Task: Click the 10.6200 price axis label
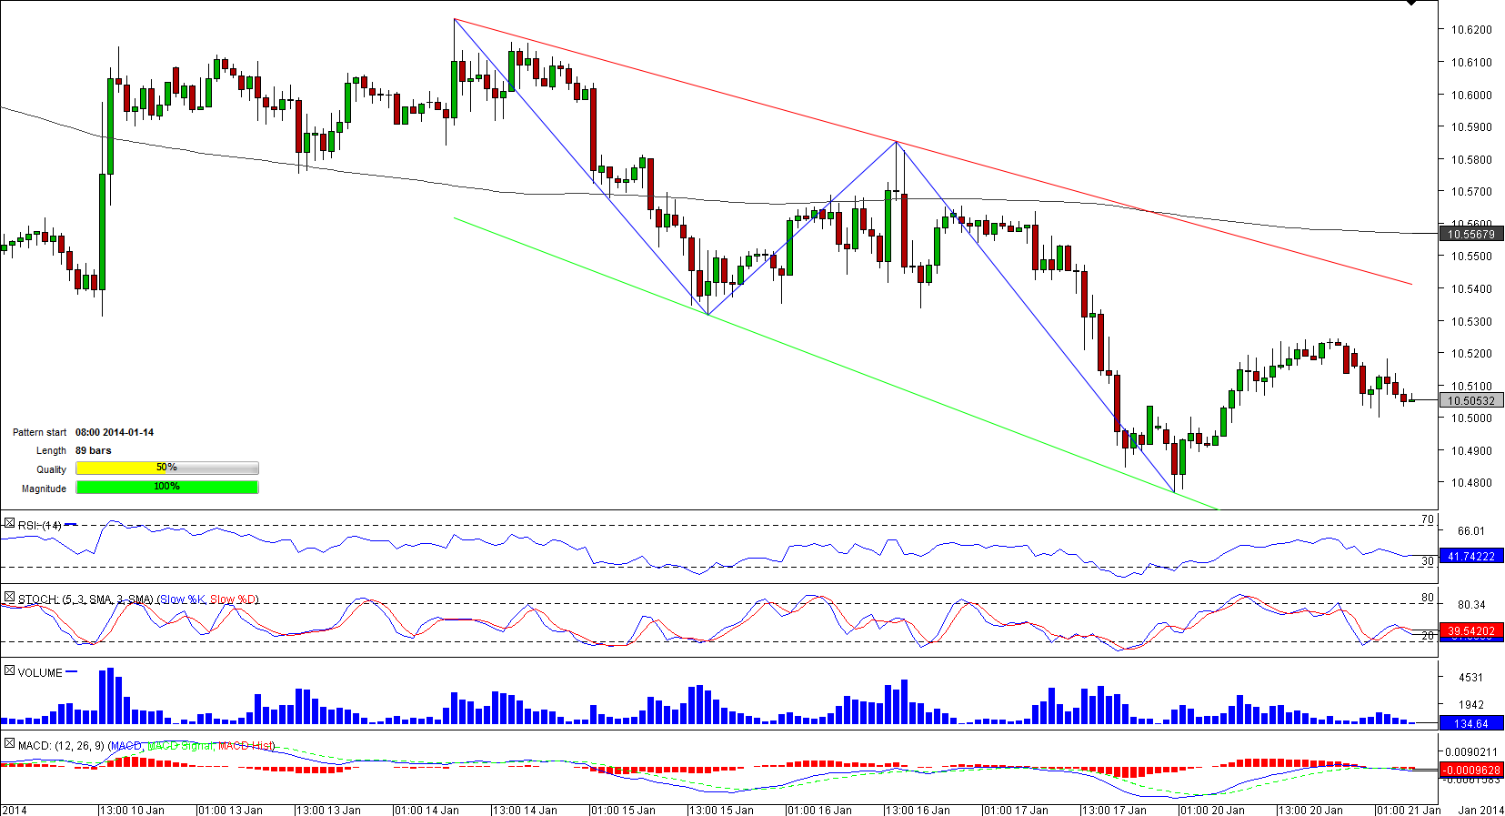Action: (x=1470, y=30)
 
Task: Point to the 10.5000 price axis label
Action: (x=1470, y=418)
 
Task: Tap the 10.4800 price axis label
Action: (x=1470, y=483)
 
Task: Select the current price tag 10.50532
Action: (x=1470, y=401)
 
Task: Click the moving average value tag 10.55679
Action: (x=1470, y=235)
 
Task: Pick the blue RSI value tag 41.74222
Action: (x=1470, y=557)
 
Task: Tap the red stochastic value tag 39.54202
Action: (x=1470, y=631)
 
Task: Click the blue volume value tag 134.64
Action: (x=1470, y=724)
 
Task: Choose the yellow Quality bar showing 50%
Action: (x=167, y=468)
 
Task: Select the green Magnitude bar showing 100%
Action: (x=167, y=488)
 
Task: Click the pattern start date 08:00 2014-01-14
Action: (x=115, y=433)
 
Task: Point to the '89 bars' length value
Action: (x=94, y=451)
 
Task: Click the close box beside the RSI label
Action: (x=9, y=524)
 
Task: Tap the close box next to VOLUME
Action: (x=9, y=671)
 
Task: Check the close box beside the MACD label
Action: (x=9, y=744)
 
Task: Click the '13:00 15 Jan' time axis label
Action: (x=720, y=810)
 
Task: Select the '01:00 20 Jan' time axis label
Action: (x=1211, y=810)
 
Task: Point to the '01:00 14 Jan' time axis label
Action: (x=426, y=810)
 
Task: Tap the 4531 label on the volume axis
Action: (x=1470, y=678)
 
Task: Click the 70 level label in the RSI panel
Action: (x=1427, y=520)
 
